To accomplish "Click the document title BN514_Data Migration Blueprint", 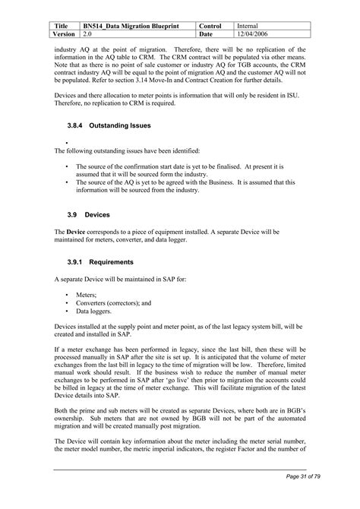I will pyautogui.click(x=131, y=26).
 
